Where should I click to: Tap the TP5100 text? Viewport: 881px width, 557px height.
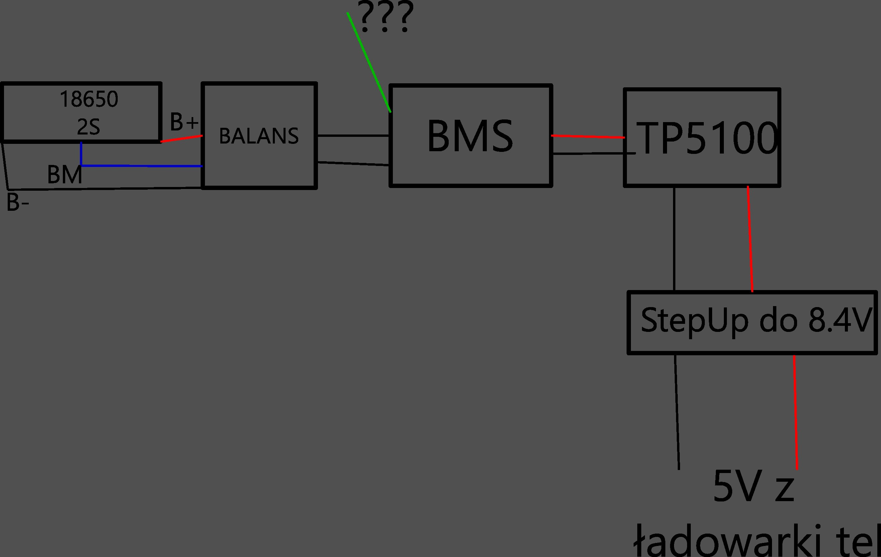point(707,139)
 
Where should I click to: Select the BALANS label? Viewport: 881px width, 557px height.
point(259,136)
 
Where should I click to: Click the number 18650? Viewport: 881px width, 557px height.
point(89,99)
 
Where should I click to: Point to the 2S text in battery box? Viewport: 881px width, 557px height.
point(89,127)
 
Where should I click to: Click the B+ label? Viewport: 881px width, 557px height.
point(184,122)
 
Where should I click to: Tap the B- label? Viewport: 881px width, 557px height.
point(17,202)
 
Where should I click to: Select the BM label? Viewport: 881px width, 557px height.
point(65,175)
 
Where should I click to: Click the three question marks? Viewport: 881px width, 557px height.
point(386,17)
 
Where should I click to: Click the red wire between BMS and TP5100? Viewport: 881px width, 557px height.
point(587,136)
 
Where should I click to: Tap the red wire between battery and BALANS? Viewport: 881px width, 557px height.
point(182,139)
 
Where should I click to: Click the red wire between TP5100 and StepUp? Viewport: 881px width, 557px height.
point(750,240)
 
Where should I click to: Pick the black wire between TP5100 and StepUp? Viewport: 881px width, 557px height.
point(674,240)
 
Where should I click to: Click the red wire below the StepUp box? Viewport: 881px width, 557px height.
point(795,412)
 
